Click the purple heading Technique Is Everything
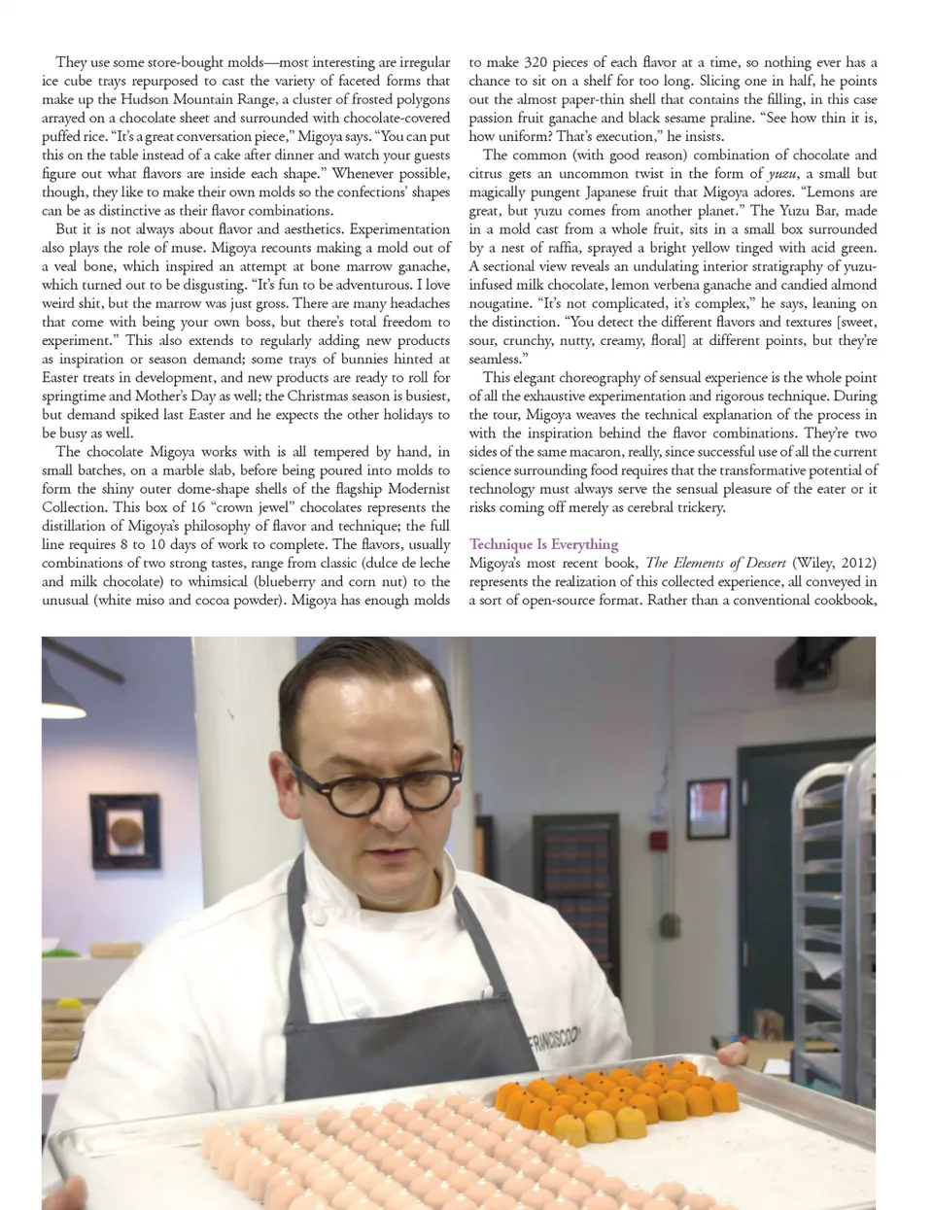pos(543,544)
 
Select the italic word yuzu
pos(782,173)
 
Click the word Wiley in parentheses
pos(812,563)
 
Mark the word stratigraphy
pos(775,266)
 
